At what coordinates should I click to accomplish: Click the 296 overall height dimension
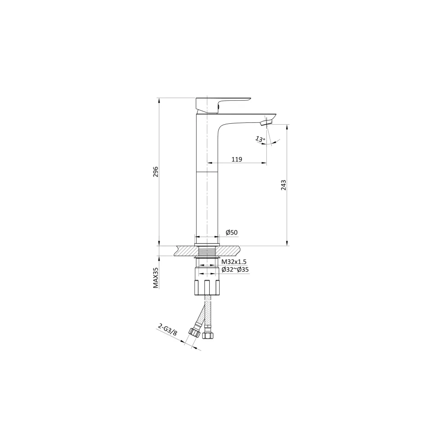(x=156, y=172)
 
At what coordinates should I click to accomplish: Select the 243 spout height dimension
(x=283, y=185)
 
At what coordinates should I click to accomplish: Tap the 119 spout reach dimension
(x=237, y=159)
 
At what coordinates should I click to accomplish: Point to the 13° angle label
(x=260, y=139)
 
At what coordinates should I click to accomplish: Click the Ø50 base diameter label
(x=232, y=232)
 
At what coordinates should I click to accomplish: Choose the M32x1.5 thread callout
(x=234, y=262)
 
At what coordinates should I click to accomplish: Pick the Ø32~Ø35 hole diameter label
(x=235, y=270)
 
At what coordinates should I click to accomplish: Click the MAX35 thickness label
(x=156, y=278)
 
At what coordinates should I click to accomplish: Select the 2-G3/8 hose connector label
(x=167, y=329)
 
